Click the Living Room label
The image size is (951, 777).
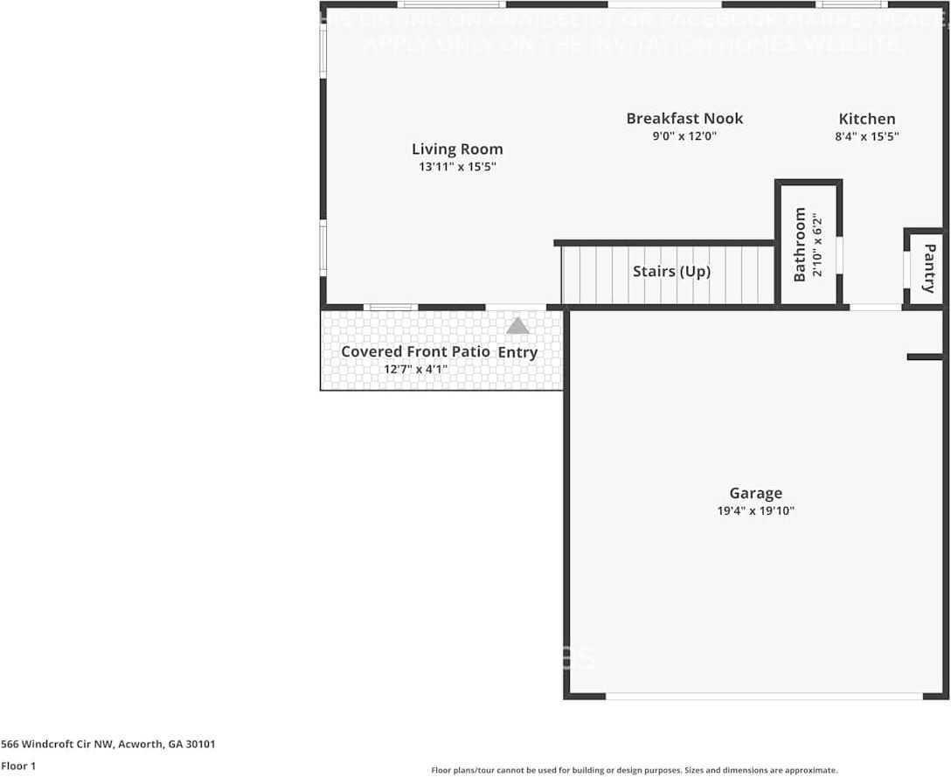(457, 149)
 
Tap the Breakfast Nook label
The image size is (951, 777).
(684, 119)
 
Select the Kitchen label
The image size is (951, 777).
(867, 120)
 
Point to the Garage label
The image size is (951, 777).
(756, 494)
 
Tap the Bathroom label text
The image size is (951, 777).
(800, 245)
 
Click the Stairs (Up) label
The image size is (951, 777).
(671, 272)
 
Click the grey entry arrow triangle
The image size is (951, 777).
(517, 326)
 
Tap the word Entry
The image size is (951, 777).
(517, 352)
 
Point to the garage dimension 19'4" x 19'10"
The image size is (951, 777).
(755, 511)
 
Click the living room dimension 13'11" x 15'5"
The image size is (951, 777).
(457, 167)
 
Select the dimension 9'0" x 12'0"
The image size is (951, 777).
(685, 136)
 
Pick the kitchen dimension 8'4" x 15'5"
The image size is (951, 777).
(867, 136)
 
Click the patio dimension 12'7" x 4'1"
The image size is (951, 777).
(416, 369)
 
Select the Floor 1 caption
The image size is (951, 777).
(18, 766)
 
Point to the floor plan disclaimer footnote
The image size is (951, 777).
(634, 770)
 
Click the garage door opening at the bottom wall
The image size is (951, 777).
(763, 696)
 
